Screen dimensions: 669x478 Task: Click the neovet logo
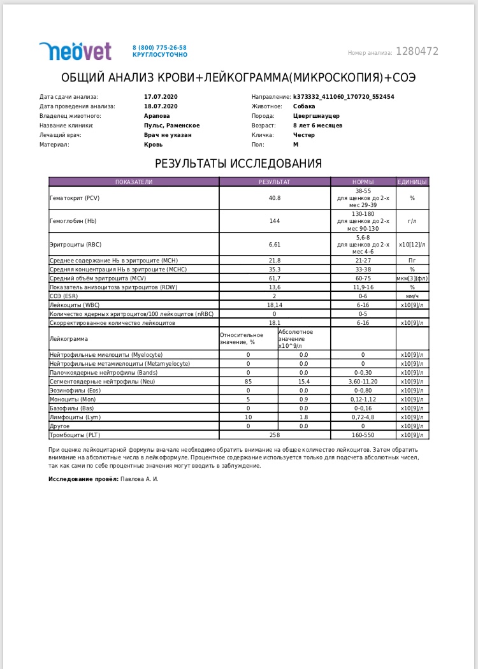coord(75,51)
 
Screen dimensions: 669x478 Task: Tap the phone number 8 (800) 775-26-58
coord(159,48)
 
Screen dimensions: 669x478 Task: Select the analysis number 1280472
coord(417,52)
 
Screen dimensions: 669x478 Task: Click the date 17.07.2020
coord(161,97)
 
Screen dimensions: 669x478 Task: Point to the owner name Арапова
coord(157,116)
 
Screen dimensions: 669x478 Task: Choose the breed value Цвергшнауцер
coord(316,116)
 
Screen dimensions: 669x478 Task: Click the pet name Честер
coord(303,135)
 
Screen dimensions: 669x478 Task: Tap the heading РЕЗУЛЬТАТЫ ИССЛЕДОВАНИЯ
coord(238,164)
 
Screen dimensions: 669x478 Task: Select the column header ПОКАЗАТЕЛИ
coord(134,182)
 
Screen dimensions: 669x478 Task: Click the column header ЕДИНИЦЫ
coord(412,182)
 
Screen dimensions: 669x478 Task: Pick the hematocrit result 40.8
coord(275,198)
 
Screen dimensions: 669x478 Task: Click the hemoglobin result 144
coord(275,220)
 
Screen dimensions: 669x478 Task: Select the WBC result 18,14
coord(275,305)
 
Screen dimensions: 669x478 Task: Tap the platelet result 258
coord(275,435)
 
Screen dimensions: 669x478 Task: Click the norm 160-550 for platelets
coord(363,435)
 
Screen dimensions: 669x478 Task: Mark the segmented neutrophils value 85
coord(248,381)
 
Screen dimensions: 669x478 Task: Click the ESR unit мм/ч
coord(412,296)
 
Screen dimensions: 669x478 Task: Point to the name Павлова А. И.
coord(139,478)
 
